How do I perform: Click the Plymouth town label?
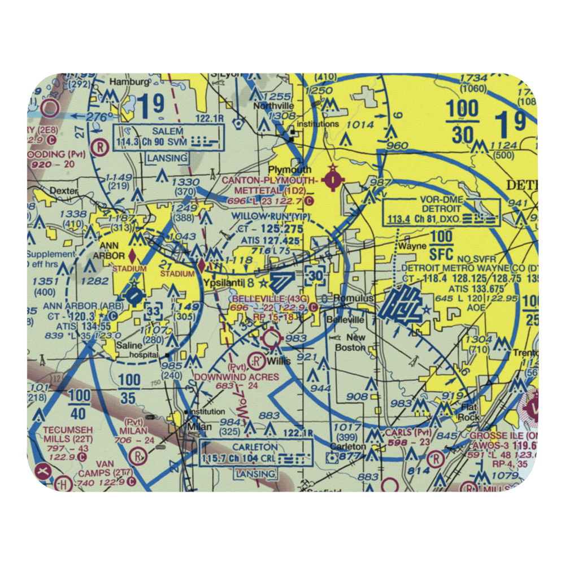point(289,169)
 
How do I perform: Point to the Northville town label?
point(273,106)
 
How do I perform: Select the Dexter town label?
point(63,191)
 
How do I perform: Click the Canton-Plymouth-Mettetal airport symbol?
point(333,180)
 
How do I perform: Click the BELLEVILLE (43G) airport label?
point(269,298)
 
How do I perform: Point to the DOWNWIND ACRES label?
point(236,376)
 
